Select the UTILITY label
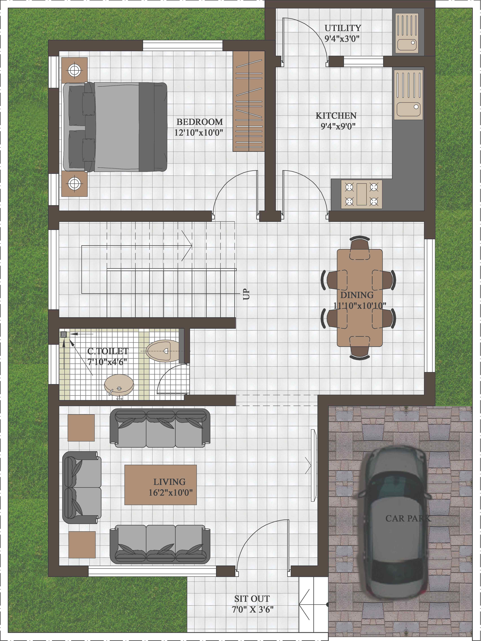[x=343, y=28]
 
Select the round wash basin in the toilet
[x=119, y=384]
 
